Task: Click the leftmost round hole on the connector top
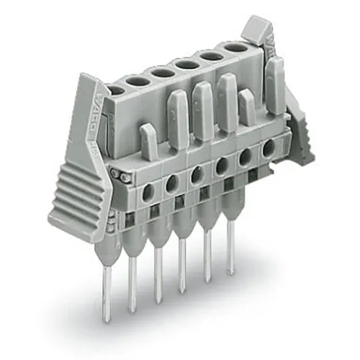(x=114, y=91)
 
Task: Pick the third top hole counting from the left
(x=161, y=73)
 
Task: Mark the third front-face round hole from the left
(x=196, y=175)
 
